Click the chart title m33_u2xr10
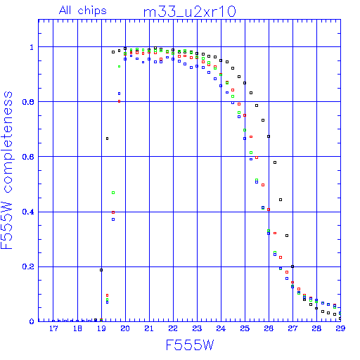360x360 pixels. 189,12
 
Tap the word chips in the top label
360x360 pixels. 92,11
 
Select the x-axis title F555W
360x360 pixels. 190,345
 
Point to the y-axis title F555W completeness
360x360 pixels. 7,170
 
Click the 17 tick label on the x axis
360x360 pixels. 53,328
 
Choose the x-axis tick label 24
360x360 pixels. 221,328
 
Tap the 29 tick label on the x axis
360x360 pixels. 340,328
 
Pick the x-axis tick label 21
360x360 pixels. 149,328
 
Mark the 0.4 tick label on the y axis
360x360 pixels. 28,212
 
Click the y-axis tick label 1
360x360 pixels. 32,47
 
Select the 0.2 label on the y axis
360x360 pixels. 28,266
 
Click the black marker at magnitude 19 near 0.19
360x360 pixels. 101,270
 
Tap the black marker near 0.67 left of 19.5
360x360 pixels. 108,139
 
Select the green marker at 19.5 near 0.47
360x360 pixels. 113,193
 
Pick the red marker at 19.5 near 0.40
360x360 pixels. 113,212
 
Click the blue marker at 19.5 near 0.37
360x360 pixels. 113,219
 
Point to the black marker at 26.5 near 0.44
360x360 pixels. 281,200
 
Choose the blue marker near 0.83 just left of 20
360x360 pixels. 119,94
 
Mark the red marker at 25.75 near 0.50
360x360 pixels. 263,185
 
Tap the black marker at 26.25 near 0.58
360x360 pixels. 275,162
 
